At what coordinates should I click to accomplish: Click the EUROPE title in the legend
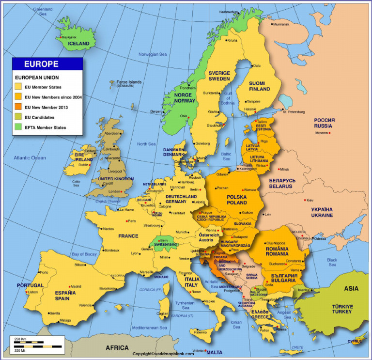pyautogui.click(x=41, y=64)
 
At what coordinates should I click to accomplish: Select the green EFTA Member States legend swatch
pyautogui.click(x=18, y=127)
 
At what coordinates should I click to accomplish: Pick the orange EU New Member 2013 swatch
pyautogui.click(x=18, y=107)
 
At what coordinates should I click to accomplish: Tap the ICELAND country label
pyautogui.click(x=78, y=44)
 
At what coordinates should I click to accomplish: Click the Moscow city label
pyautogui.click(x=322, y=133)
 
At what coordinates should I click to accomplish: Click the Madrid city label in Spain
pyautogui.click(x=76, y=286)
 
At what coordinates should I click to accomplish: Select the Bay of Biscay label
pyautogui.click(x=84, y=254)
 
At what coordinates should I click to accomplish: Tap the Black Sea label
pyautogui.click(x=332, y=262)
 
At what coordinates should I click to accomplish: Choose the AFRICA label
pyautogui.click(x=117, y=348)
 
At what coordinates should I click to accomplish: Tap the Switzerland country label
pyautogui.click(x=166, y=245)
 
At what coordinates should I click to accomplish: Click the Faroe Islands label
pyautogui.click(x=128, y=82)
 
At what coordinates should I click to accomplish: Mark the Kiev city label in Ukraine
pyautogui.click(x=310, y=200)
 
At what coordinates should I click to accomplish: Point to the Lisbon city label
pyautogui.click(x=33, y=292)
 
